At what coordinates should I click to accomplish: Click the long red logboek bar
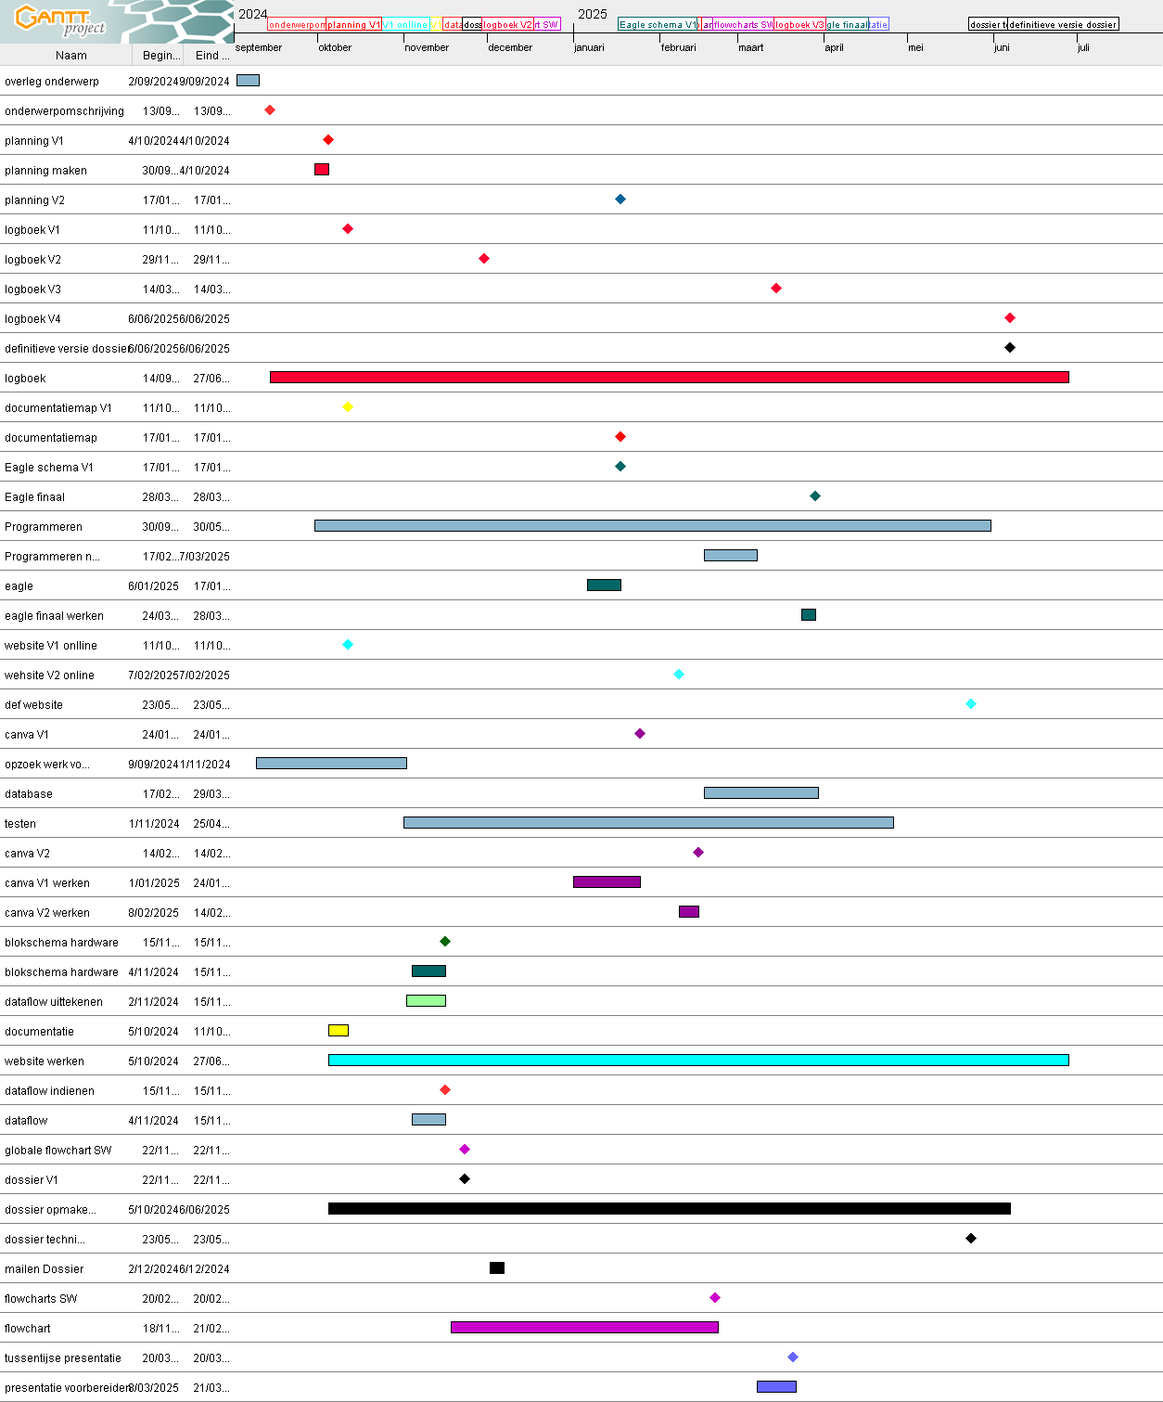(669, 378)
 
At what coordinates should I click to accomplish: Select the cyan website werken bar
(698, 1061)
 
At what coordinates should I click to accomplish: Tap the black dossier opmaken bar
(669, 1209)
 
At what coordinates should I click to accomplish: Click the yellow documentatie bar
(339, 1031)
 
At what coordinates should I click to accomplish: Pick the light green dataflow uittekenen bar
(426, 1001)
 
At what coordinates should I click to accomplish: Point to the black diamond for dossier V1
(465, 1179)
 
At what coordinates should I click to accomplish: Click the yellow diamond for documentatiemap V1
(348, 407)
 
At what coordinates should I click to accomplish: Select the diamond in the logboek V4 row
(1010, 318)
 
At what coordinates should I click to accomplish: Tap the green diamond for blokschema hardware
(445, 942)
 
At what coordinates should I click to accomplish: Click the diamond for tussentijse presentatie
(793, 1357)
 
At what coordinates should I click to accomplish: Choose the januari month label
(589, 48)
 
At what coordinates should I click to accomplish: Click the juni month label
(1002, 48)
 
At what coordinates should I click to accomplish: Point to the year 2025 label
(593, 14)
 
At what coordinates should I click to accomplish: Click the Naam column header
(71, 56)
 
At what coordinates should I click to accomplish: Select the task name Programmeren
(44, 527)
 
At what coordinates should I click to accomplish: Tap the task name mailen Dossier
(45, 1269)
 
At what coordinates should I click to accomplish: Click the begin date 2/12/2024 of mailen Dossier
(153, 1269)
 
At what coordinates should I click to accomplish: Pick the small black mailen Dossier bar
(497, 1268)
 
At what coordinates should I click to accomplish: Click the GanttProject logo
(61, 20)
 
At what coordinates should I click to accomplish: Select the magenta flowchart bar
(584, 1328)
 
